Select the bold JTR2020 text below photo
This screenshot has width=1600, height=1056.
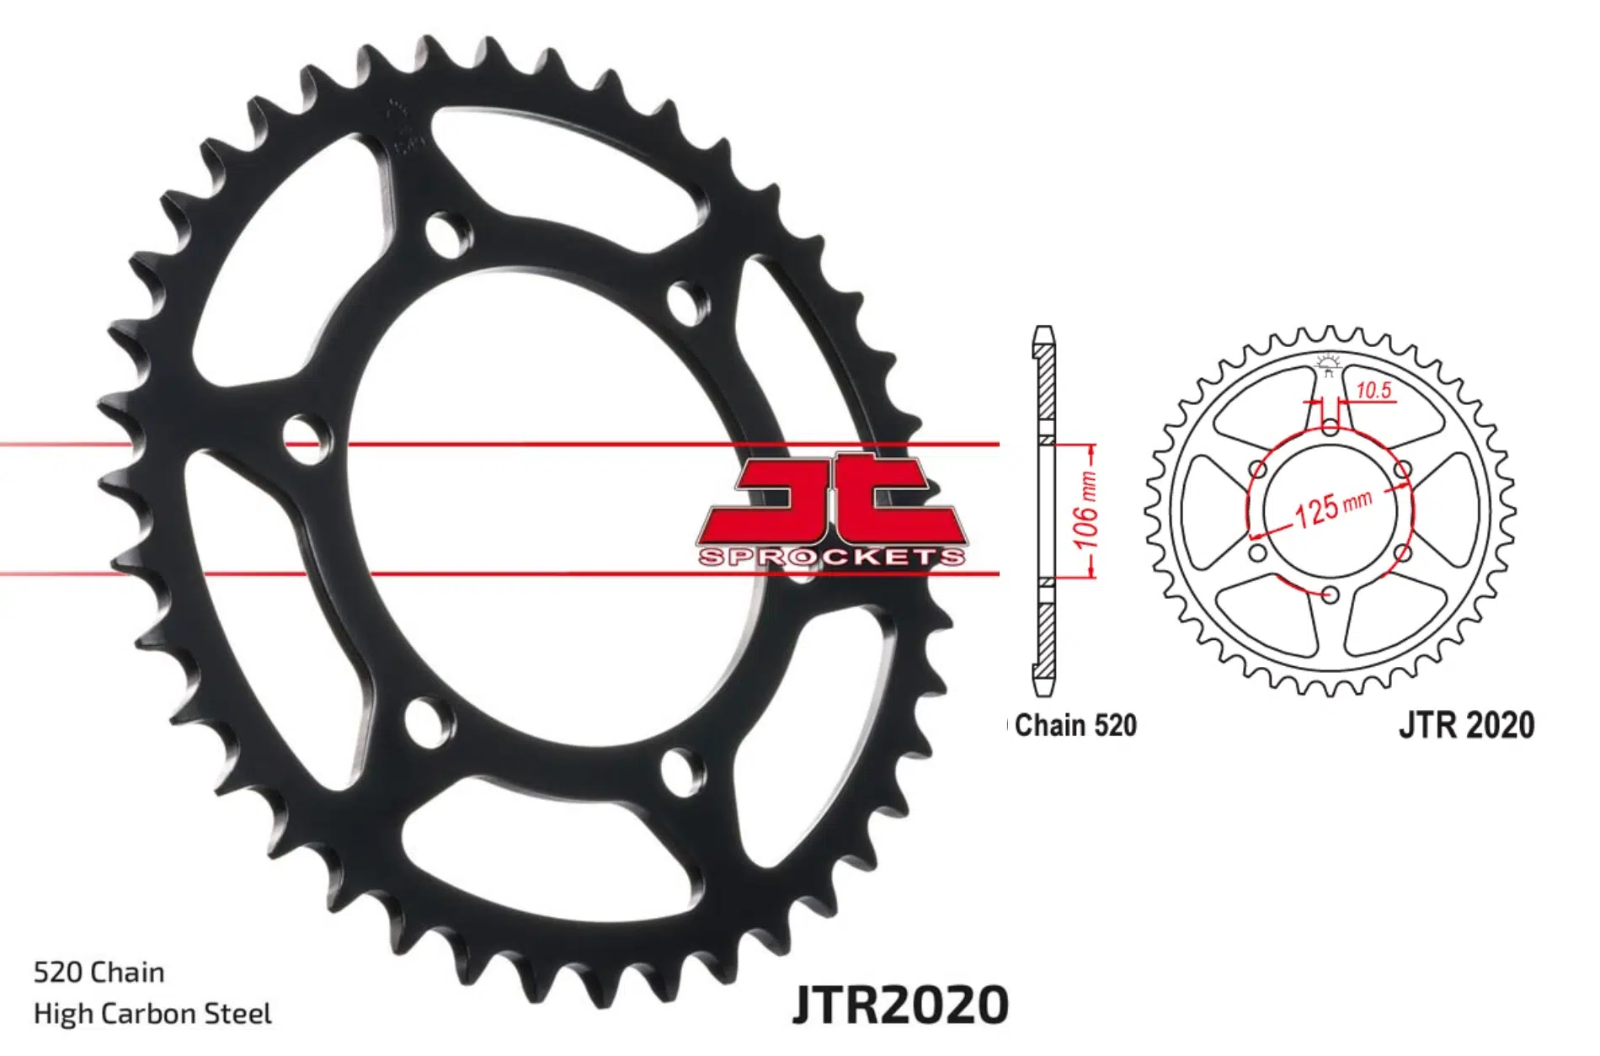[899, 1004]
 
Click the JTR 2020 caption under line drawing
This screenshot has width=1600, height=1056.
[1466, 725]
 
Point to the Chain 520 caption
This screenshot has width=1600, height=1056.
[1075, 725]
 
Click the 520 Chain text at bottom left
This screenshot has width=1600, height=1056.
[99, 973]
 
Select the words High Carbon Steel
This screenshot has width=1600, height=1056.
[152, 1013]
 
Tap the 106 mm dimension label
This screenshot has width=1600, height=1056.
[1086, 509]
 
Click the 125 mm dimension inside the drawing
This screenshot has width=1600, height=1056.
[1331, 508]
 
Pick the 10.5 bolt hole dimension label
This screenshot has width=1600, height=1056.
[1373, 391]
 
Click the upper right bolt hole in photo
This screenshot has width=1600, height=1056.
[687, 301]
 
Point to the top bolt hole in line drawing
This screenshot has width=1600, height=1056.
[1330, 428]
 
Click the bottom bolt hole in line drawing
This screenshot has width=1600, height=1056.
[1330, 595]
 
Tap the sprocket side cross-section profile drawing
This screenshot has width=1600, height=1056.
[1044, 511]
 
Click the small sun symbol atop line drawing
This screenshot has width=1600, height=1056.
[1328, 364]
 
